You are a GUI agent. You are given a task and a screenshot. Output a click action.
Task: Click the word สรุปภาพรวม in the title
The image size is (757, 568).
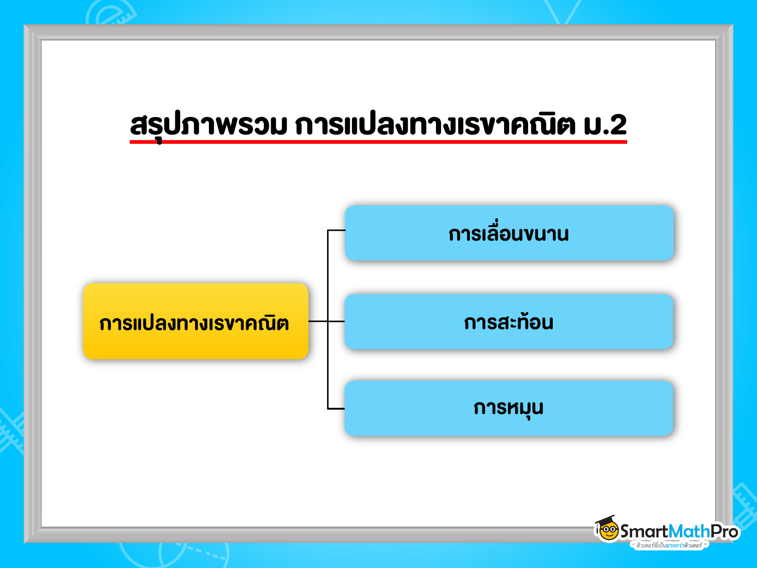tap(208, 125)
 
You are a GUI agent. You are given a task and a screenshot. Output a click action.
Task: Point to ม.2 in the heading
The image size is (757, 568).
tap(605, 125)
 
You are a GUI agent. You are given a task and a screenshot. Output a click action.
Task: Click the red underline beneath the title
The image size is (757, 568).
tap(378, 142)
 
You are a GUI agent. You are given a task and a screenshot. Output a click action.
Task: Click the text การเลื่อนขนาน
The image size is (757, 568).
tap(509, 234)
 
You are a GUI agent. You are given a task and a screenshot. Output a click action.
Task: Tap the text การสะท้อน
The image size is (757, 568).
tap(509, 322)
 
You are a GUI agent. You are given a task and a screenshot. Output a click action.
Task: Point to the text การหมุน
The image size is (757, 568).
tap(509, 408)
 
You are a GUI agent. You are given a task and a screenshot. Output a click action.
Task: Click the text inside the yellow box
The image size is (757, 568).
tap(194, 323)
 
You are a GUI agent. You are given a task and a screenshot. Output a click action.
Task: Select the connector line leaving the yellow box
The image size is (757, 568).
tap(318, 321)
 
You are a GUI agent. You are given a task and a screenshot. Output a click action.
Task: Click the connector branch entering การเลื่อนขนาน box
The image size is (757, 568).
tap(336, 231)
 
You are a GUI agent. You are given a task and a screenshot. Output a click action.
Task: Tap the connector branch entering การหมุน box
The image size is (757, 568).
tap(336, 409)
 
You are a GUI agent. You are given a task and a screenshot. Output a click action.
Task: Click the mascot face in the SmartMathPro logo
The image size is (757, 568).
tap(609, 530)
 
